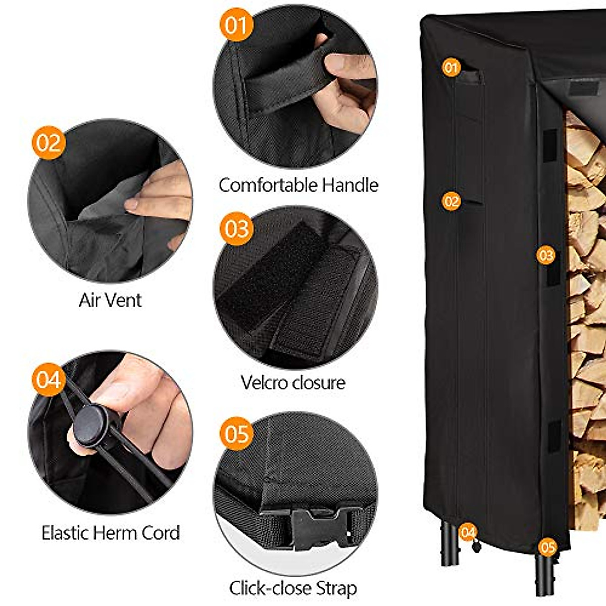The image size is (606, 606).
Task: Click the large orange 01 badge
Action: tap(236, 25)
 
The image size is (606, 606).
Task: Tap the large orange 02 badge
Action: tap(49, 143)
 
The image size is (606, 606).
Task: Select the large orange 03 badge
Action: tap(236, 228)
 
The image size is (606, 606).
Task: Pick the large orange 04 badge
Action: tap(49, 379)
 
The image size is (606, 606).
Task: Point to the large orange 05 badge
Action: tap(236, 433)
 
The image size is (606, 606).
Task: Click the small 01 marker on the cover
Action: tap(451, 67)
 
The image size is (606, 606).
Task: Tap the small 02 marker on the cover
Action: tap(451, 201)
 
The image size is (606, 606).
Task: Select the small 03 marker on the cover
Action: tap(546, 255)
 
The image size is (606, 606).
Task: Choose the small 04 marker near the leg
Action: tap(468, 532)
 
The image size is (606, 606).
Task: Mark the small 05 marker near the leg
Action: tap(547, 547)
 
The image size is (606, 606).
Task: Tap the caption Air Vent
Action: tap(110, 300)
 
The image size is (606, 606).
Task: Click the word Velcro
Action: tap(266, 382)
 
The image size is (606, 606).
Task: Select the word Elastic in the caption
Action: tap(65, 533)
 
